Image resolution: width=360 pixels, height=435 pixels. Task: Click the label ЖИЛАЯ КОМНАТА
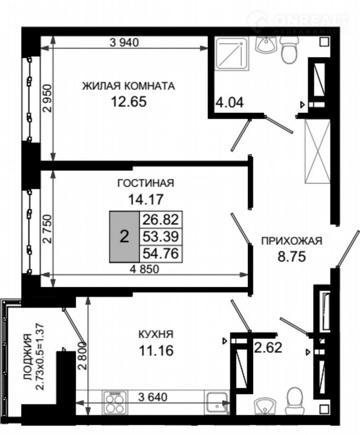129,86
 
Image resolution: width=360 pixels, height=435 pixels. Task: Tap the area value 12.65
129,101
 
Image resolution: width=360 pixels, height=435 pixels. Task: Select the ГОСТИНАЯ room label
146,183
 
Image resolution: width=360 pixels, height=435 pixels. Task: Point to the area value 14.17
146,199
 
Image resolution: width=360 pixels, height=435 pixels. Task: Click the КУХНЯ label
156,334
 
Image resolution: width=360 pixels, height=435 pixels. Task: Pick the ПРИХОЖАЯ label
292,241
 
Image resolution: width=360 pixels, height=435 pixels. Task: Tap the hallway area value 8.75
292,257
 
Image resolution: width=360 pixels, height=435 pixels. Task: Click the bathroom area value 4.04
230,103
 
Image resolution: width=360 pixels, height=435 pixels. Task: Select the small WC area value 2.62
268,348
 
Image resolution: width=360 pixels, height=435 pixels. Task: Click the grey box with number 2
124,237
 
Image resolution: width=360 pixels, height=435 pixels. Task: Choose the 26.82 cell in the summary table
161,220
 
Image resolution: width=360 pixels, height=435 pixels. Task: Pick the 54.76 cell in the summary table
161,253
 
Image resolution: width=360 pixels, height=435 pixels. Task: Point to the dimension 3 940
124,43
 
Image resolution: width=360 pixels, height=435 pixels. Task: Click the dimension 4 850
144,269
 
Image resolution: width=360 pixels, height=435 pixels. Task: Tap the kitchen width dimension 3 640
153,397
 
